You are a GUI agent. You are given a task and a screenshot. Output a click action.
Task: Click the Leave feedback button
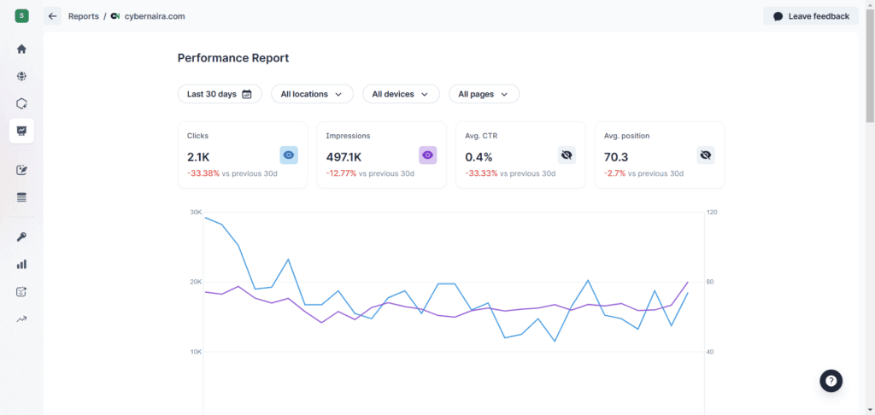pos(811,16)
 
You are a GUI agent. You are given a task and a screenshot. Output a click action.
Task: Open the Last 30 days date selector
pos(220,94)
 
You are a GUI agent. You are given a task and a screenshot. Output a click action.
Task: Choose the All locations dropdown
pos(312,94)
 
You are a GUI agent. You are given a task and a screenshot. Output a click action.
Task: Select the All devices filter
pos(401,94)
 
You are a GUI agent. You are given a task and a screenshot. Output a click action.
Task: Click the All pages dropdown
pos(484,94)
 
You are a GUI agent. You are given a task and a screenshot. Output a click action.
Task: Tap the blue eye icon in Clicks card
pos(289,155)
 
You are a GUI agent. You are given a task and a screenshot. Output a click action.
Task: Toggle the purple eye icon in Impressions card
pos(427,155)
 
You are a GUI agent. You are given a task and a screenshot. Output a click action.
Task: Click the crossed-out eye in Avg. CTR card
pos(567,155)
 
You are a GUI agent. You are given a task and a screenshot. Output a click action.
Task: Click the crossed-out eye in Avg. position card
pos(705,155)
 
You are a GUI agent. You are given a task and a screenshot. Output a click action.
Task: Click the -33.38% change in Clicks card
pos(203,173)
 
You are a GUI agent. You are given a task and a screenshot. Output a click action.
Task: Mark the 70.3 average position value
pos(616,157)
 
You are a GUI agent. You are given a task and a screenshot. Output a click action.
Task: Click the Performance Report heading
pos(233,58)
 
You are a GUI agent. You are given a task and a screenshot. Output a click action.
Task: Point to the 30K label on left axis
pos(196,212)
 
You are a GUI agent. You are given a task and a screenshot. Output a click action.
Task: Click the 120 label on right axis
pos(712,212)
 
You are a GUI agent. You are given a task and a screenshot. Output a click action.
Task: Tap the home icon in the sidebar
pos(21,49)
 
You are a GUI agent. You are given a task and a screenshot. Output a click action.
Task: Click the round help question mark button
pos(831,381)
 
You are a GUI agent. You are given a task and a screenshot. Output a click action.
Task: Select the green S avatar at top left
pos(21,16)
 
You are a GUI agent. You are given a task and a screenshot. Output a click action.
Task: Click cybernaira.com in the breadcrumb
pos(154,16)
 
